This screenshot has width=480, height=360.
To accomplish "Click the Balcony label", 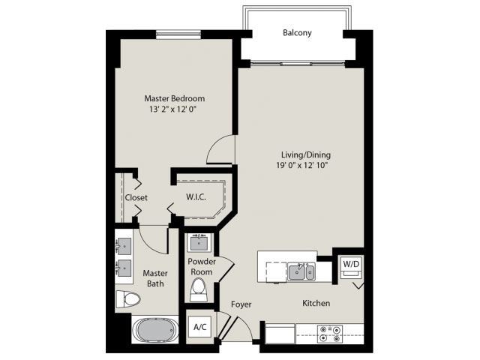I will (x=297, y=33).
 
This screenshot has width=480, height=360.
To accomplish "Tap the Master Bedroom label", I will (x=175, y=98).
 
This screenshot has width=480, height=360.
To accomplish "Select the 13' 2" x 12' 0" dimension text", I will (x=175, y=109).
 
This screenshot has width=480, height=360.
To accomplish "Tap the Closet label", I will (x=136, y=198).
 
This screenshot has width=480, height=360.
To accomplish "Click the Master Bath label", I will (x=155, y=279).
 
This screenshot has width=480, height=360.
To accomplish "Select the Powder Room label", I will (x=202, y=266).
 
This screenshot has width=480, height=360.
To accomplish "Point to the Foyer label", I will (x=241, y=304).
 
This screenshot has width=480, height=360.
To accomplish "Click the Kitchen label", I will (x=316, y=303).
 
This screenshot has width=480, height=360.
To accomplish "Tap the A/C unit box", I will (x=200, y=327).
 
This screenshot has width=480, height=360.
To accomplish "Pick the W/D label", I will (x=350, y=264).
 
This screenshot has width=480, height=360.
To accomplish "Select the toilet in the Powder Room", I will (x=199, y=289).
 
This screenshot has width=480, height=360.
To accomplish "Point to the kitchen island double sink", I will (x=301, y=271).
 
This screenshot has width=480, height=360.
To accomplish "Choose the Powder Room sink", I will (x=200, y=243).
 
